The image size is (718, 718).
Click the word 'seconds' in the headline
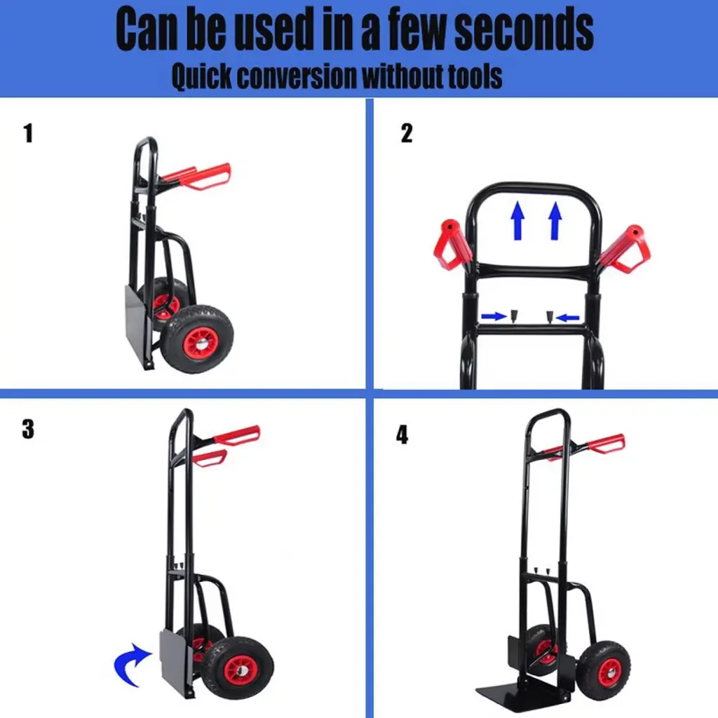click(x=524, y=29)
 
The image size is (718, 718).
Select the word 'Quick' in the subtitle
click(x=201, y=76)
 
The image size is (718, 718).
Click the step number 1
click(x=28, y=133)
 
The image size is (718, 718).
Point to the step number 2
click(x=407, y=133)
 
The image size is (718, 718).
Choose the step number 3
click(x=28, y=429)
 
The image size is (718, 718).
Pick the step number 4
click(x=402, y=435)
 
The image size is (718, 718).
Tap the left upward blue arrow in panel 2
click(x=518, y=220)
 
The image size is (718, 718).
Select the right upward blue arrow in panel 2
click(x=555, y=221)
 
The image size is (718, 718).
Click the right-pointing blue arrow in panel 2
click(x=494, y=316)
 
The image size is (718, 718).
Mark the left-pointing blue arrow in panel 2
click(x=567, y=317)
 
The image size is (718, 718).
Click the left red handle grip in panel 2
click(x=452, y=245)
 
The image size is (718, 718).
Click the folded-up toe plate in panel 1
click(x=138, y=325)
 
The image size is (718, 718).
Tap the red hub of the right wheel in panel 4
click(x=609, y=672)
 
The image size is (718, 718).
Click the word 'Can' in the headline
click(x=146, y=29)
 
